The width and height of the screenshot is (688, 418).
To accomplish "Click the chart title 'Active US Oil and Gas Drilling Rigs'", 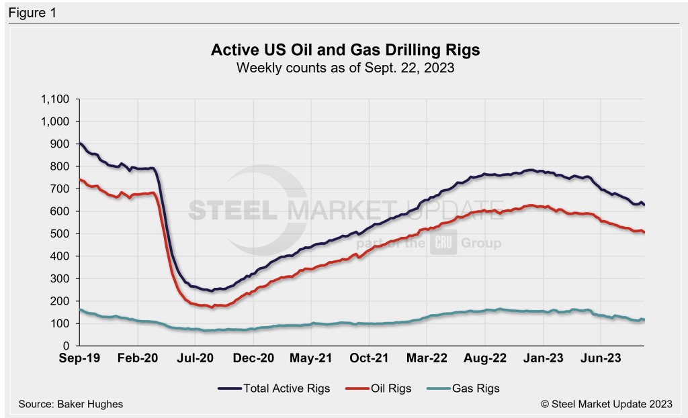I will click(x=345, y=50).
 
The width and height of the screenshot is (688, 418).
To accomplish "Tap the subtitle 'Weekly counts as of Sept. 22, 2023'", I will click(x=345, y=67).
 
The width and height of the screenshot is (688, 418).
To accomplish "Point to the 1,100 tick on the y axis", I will click(x=55, y=99).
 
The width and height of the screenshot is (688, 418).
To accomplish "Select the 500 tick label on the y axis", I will click(x=60, y=233).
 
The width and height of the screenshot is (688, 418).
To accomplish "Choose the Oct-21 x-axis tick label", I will click(x=369, y=358).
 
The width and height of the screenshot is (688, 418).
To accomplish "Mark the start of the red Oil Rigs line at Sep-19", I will click(x=80, y=179).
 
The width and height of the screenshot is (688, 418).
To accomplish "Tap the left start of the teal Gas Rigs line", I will click(x=80, y=309).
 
